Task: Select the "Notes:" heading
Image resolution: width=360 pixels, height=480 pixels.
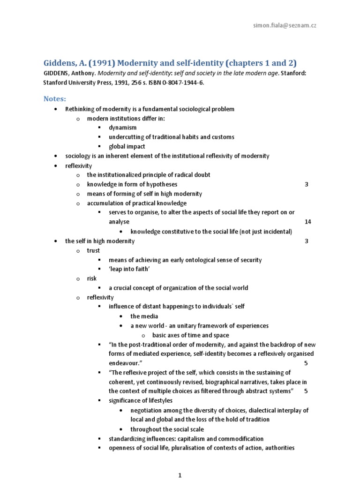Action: coord(55,98)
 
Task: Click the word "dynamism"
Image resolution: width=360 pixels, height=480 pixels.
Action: coord(123,127)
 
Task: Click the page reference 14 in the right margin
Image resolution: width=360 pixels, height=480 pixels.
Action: coord(307,222)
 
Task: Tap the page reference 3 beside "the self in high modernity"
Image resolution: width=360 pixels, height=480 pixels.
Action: coord(306,241)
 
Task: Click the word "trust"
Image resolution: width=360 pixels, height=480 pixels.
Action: coord(93,250)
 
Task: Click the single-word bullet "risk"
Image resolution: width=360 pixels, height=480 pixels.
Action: coord(92,278)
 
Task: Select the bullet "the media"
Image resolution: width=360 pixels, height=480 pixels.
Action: coord(144,316)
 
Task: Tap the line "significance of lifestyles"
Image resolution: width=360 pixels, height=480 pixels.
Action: coord(141,400)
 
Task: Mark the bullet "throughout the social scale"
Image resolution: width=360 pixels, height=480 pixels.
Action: coord(167,429)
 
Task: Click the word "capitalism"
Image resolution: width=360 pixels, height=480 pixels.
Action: coord(194,439)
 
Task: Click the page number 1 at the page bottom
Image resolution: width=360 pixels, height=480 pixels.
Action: coord(180,475)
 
